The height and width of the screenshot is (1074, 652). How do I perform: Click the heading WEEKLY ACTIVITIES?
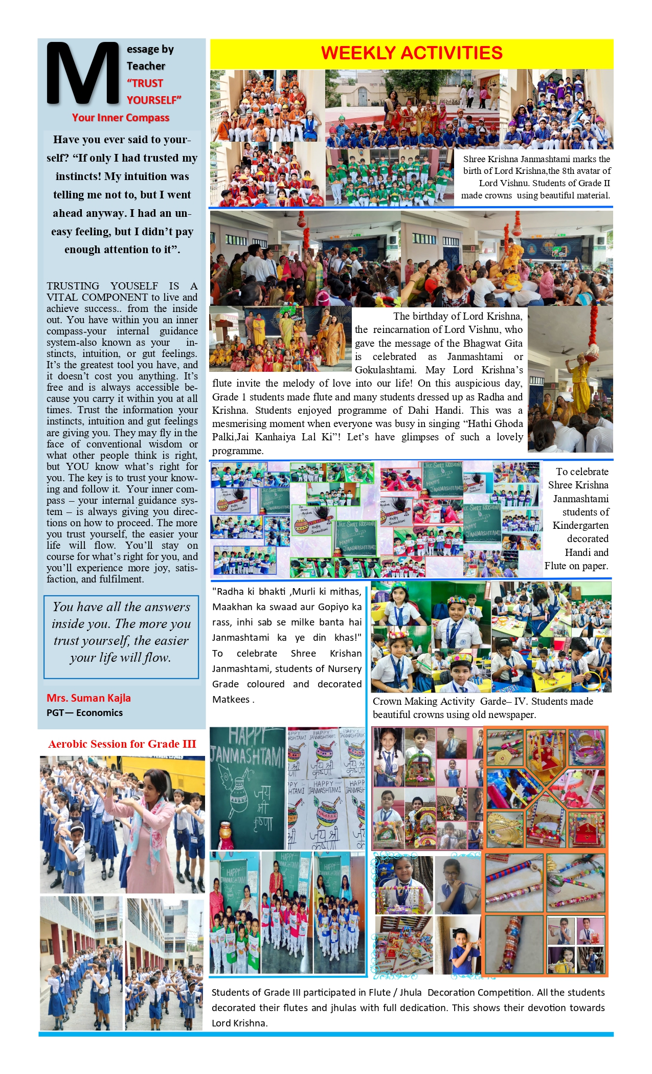pyautogui.click(x=412, y=53)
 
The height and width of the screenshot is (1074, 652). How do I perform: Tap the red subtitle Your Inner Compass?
pyautogui.click(x=121, y=118)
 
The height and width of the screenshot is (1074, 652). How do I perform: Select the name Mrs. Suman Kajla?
pyautogui.click(x=88, y=698)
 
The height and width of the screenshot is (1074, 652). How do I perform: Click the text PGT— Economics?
pyautogui.click(x=84, y=712)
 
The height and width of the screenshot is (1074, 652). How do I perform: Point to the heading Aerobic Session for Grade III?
pyautogui.click(x=122, y=744)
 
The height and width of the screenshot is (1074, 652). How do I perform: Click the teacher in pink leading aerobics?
pyautogui.click(x=148, y=829)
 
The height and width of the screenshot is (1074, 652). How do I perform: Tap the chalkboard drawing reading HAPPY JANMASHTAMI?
pyautogui.click(x=248, y=788)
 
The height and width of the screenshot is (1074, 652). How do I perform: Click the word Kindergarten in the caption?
pyautogui.click(x=580, y=525)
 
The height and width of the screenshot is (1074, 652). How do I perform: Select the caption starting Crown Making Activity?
pyautogui.click(x=483, y=708)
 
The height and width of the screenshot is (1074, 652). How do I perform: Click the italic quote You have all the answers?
pyautogui.click(x=121, y=632)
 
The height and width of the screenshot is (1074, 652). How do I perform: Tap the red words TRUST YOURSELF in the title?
pyautogui.click(x=153, y=92)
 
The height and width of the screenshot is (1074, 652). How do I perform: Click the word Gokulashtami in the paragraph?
pyautogui.click(x=385, y=370)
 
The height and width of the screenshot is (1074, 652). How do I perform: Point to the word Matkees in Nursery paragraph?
pyautogui.click(x=231, y=700)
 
